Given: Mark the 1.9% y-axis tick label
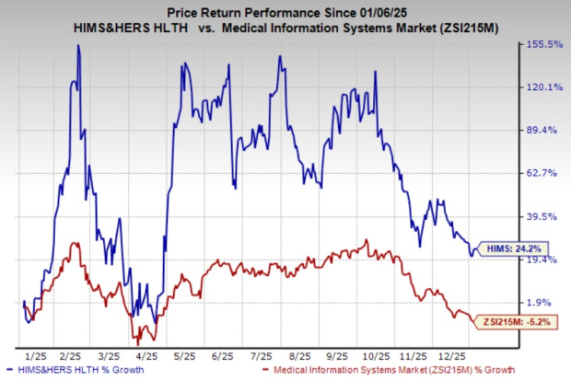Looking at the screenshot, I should [x=543, y=302].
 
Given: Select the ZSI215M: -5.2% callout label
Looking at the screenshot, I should [x=508, y=321].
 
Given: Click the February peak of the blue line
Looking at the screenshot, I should [x=78, y=46].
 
